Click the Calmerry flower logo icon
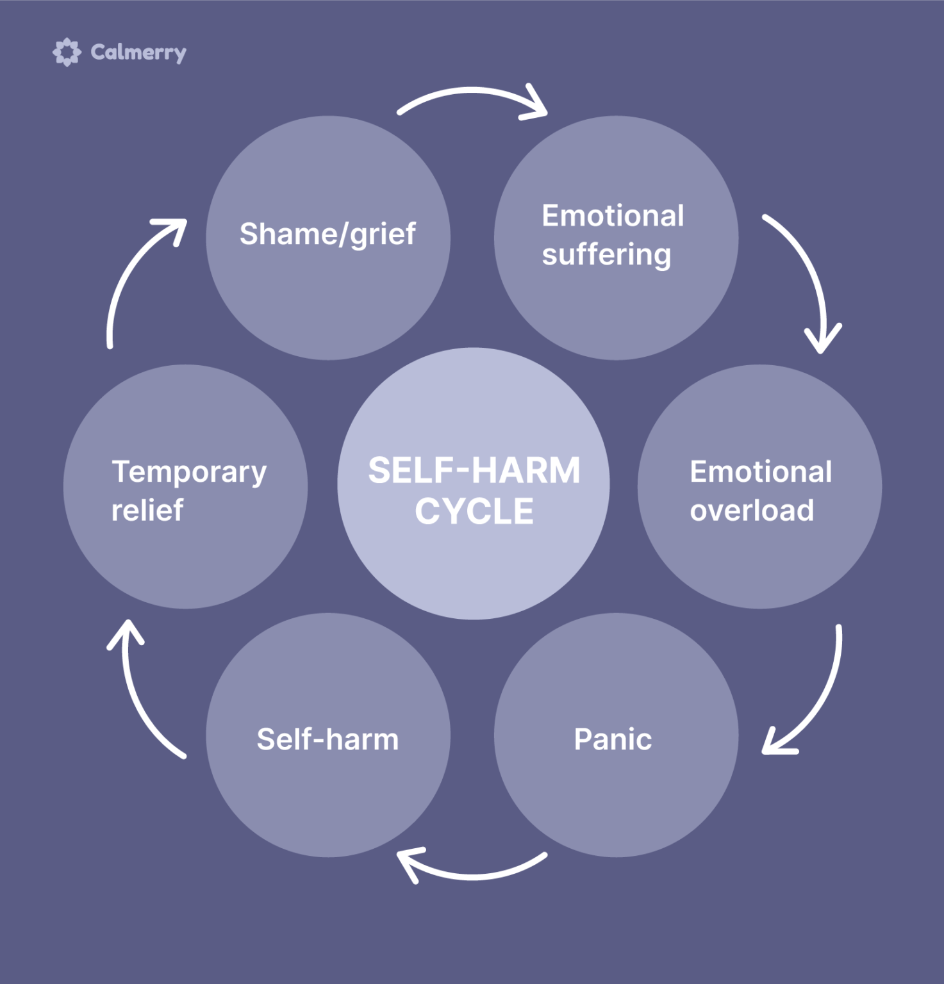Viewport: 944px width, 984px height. (67, 52)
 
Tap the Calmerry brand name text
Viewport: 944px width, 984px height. (138, 52)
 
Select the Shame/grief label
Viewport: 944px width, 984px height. (327, 234)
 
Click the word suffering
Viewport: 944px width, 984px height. (606, 254)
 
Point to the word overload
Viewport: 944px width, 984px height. (752, 511)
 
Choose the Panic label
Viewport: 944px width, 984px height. (613, 739)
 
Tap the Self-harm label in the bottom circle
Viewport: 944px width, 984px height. (327, 739)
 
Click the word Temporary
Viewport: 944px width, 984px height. (189, 473)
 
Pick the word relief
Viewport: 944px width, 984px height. (147, 511)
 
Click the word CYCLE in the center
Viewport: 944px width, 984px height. (474, 511)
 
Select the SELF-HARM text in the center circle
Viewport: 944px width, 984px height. (474, 470)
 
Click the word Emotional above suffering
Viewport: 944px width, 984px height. (613, 216)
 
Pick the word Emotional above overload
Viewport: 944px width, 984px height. (761, 472)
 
